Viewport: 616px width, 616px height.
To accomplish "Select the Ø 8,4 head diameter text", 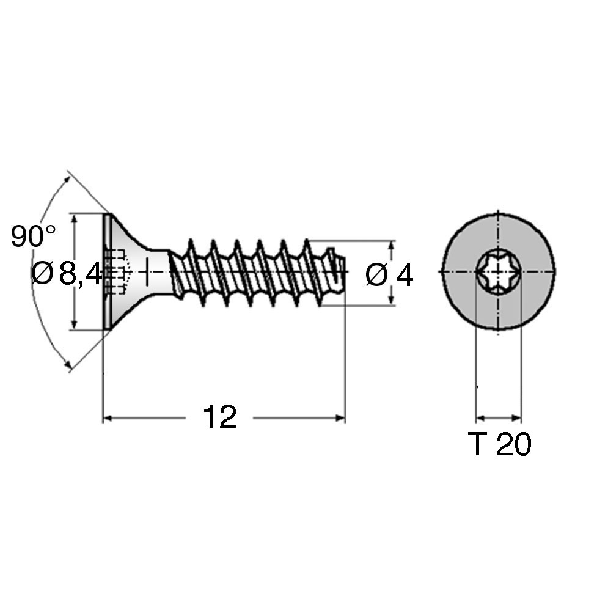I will pos(67,274).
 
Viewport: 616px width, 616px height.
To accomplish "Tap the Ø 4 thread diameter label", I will pos(389,276).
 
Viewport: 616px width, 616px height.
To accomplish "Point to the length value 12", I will pos(219,417).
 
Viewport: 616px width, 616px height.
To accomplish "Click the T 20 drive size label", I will pos(499,445).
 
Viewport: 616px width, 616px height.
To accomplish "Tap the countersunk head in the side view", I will pos(125,272).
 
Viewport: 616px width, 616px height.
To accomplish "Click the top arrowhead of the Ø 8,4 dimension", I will pos(75,218).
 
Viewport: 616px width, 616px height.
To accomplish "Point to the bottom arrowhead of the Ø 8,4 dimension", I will pos(75,326).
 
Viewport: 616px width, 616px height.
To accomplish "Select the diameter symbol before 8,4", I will pos(42,274).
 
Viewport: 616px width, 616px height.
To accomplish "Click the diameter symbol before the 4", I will pos(376,276).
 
